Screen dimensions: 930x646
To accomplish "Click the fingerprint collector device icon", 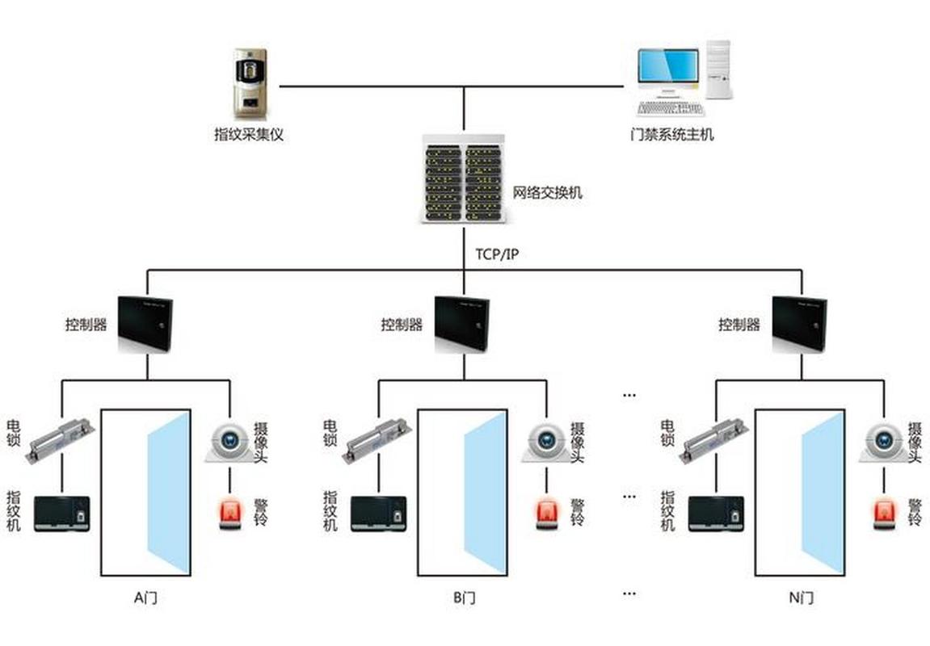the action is coord(250,84).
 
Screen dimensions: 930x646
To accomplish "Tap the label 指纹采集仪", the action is coord(249,135).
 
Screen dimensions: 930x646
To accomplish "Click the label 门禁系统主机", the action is coord(672,135).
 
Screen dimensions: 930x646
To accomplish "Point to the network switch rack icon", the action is coord(464,179).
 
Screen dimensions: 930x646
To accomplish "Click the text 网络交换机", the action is coord(548,193).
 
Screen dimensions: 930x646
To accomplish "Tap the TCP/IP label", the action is coord(497,254).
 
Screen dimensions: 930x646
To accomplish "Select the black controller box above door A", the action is coord(146,325).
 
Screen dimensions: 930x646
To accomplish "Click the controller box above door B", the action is coord(463,325).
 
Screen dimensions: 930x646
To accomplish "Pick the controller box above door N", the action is coord(800,325).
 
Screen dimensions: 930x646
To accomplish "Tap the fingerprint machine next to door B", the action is coord(379,514).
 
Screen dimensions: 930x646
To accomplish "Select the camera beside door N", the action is coord(883,443).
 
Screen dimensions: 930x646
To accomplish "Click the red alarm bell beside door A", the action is coord(230,514).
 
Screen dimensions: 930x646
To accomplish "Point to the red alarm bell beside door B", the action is coord(547,514).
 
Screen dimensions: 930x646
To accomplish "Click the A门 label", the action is coord(146,598).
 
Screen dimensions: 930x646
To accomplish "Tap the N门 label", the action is coord(802,598).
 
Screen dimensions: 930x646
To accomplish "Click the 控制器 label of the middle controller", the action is coord(402,324).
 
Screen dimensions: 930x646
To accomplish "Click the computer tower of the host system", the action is coord(718,70).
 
